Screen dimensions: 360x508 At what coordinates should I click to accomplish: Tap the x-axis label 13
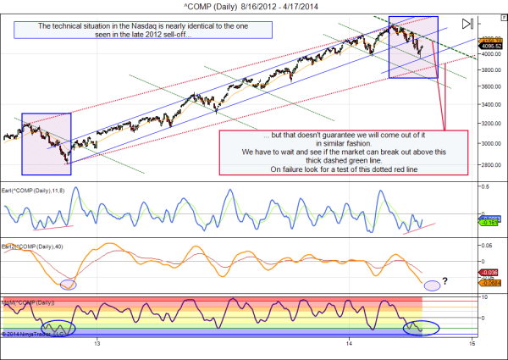coord(98,344)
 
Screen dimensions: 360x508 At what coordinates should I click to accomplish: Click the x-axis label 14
coord(350,344)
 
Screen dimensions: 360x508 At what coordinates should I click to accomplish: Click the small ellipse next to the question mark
coord(432,285)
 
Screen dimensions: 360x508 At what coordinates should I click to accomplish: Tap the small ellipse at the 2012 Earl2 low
coord(69,285)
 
